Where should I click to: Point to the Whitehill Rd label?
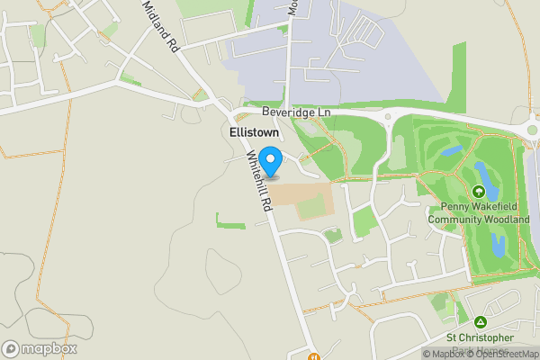(259, 180)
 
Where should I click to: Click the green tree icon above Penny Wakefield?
(479, 192)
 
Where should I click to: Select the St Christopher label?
(480, 337)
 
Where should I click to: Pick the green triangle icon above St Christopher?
(481, 321)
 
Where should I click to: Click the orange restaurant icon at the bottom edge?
(314, 355)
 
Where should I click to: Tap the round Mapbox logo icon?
(12, 348)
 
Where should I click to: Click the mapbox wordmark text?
(49, 348)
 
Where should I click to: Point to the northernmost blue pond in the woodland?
(452, 151)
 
